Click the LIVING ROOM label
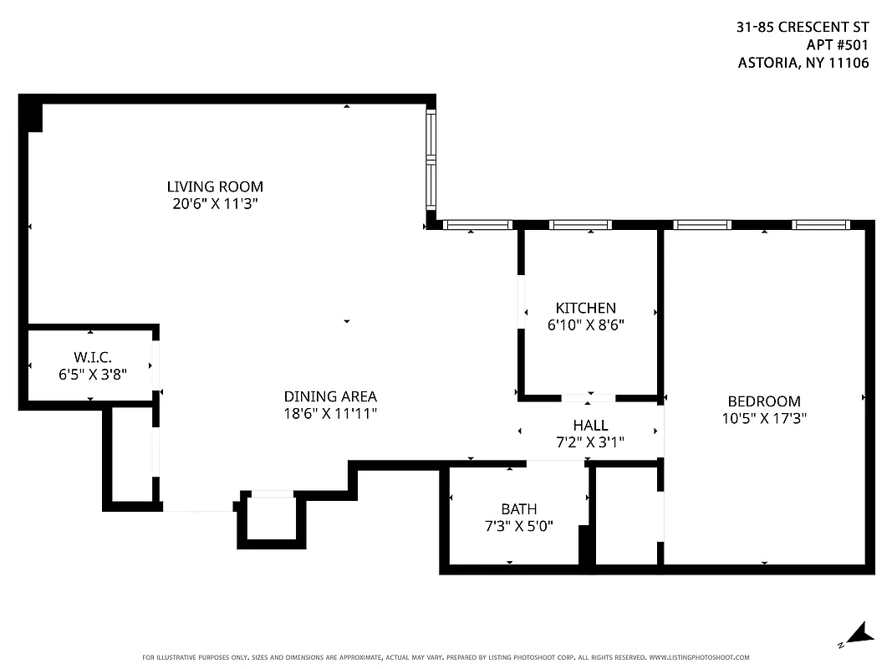215,186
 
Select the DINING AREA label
330,396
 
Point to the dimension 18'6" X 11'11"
330,413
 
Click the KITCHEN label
585,308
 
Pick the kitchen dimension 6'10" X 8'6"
585,324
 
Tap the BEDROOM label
763,401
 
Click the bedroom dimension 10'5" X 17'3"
763,418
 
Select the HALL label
590,426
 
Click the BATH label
518,508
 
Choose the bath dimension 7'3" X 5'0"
518,525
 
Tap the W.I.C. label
92,358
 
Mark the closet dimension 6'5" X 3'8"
92,375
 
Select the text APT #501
837,44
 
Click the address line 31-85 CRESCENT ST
802,27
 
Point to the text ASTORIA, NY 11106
803,63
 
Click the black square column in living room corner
32,114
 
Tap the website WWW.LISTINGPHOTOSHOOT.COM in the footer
699,657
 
